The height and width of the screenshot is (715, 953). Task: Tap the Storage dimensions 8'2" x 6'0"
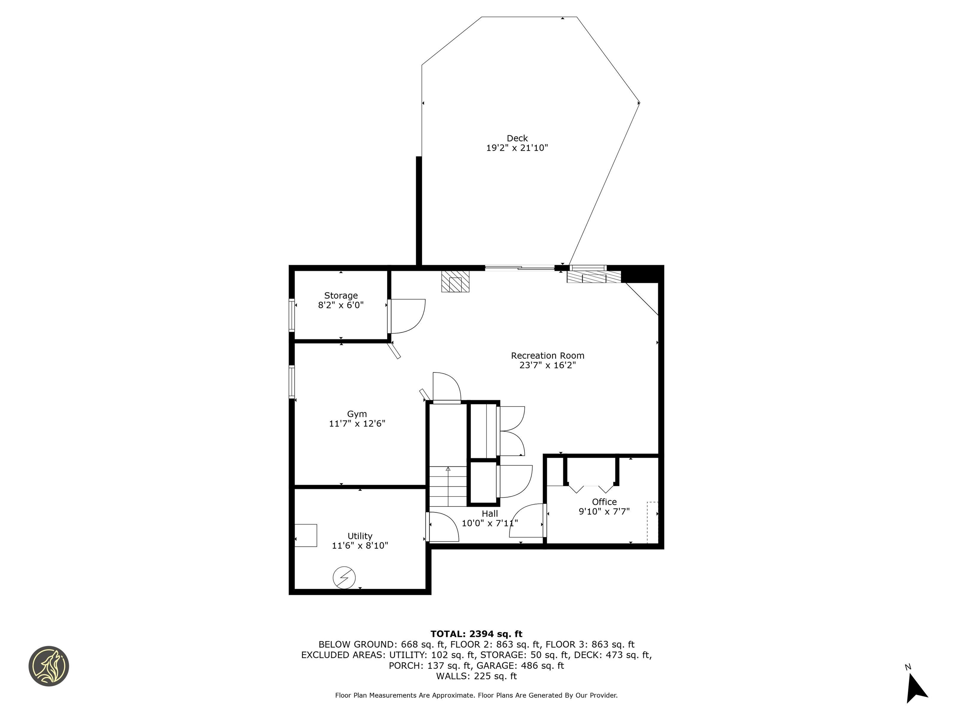click(341, 305)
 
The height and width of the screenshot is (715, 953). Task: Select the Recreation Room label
click(548, 356)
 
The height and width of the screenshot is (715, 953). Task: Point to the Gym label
click(357, 414)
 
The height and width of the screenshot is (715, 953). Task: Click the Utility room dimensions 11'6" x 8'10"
click(360, 546)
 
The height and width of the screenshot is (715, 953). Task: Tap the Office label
click(604, 502)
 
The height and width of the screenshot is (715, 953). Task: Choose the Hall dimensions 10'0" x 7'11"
click(490, 523)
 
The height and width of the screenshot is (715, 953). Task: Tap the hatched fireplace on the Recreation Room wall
click(455, 281)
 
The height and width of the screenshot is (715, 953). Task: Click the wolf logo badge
click(49, 666)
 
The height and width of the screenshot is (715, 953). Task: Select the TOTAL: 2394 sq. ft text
click(476, 634)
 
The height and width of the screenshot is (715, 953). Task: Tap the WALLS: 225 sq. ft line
click(476, 676)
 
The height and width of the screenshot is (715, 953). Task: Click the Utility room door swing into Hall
click(444, 527)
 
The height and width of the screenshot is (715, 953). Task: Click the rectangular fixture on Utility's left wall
click(306, 535)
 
